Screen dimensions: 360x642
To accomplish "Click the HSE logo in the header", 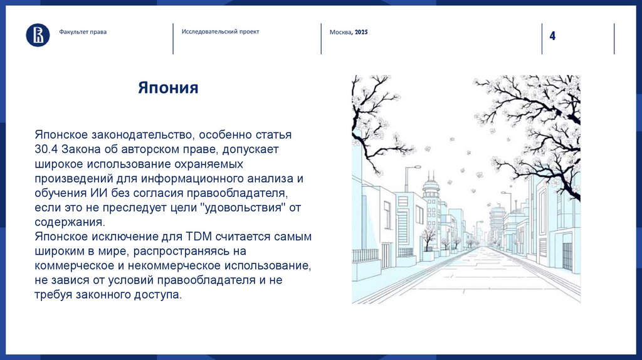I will coord(38,34).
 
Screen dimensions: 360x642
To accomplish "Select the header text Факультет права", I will coord(83,32).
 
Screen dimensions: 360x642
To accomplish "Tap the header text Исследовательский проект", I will coord(220,31).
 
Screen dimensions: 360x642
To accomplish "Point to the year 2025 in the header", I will coord(361,32).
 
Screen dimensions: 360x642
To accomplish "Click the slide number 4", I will coord(552,36).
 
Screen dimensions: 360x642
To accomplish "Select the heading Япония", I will coord(168,88).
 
